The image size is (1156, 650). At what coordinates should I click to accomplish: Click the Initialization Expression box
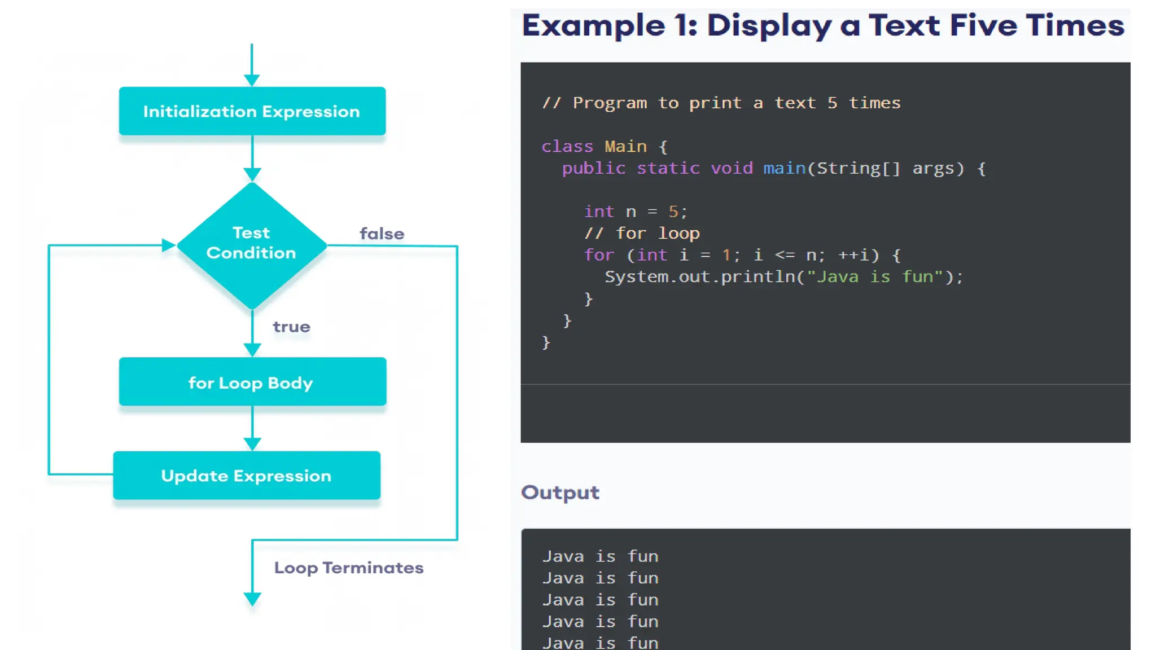pyautogui.click(x=252, y=111)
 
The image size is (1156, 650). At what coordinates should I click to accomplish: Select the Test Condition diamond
pyautogui.click(x=252, y=244)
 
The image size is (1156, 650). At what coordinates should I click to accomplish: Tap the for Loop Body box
pyautogui.click(x=252, y=382)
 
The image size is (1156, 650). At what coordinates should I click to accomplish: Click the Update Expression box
pyautogui.click(x=246, y=476)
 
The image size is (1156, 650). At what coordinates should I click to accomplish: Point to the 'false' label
pyautogui.click(x=382, y=234)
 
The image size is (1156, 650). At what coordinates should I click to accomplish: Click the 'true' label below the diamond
pyautogui.click(x=291, y=327)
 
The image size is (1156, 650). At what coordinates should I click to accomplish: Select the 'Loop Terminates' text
pyautogui.click(x=348, y=568)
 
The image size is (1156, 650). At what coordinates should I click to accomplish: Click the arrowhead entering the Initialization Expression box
pyautogui.click(x=252, y=80)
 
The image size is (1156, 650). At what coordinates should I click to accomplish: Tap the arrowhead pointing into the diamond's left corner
pyautogui.click(x=168, y=245)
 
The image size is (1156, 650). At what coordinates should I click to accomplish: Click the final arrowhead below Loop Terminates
pyautogui.click(x=252, y=599)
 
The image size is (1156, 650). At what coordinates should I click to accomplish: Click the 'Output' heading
pyautogui.click(x=560, y=493)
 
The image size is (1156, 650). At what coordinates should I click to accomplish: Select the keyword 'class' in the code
pyautogui.click(x=567, y=147)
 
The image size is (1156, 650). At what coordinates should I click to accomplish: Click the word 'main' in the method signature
pyautogui.click(x=784, y=168)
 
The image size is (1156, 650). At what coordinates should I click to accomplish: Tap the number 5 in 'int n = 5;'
pyautogui.click(x=673, y=212)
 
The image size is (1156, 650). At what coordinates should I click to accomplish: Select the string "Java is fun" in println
pyautogui.click(x=874, y=276)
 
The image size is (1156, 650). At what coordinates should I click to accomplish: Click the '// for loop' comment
pyautogui.click(x=642, y=233)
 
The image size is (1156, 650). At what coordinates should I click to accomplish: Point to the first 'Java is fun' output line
pyautogui.click(x=600, y=556)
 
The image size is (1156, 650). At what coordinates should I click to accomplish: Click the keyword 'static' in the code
pyautogui.click(x=668, y=168)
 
